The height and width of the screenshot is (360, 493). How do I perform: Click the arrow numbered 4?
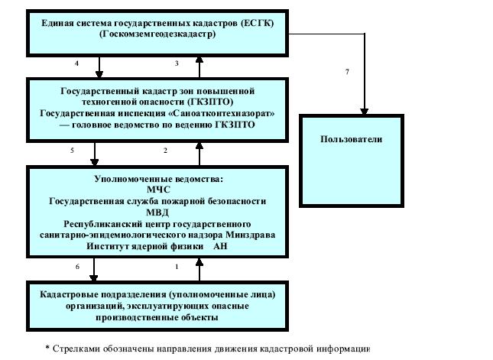[99, 67]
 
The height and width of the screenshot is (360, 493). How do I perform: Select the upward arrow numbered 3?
[199, 67]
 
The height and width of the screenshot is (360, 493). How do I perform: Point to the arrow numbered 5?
[94, 154]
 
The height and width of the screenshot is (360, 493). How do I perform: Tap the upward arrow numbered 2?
[199, 154]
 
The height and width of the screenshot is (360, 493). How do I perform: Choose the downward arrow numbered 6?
[94, 270]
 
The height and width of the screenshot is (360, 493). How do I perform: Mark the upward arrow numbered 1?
[199, 270]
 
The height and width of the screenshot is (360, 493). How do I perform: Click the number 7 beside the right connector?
[347, 72]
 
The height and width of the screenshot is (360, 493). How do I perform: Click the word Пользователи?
[351, 139]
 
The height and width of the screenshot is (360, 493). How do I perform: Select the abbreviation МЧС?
[158, 190]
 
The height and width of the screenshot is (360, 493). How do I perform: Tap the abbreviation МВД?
[157, 212]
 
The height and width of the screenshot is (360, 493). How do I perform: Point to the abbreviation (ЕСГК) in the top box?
[257, 23]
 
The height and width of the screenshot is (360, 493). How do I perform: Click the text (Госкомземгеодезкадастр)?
[157, 34]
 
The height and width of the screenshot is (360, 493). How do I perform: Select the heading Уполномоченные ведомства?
[159, 179]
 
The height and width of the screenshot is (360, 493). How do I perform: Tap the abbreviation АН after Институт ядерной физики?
[220, 246]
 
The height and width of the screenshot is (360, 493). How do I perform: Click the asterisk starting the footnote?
[47, 348]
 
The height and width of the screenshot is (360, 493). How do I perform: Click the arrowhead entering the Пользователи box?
[364, 112]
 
